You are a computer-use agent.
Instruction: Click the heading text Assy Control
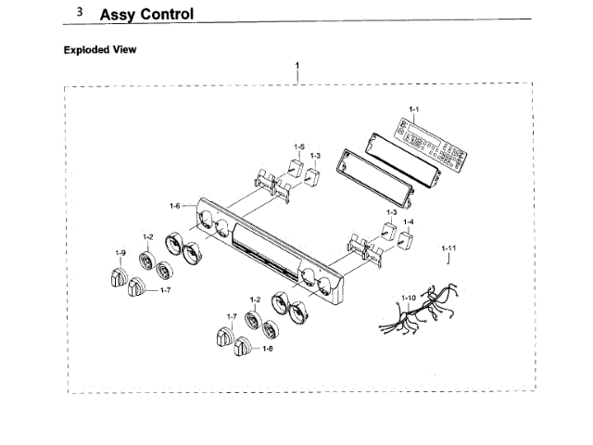(146, 14)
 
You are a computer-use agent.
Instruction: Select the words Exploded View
(100, 49)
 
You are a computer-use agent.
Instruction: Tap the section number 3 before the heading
(81, 13)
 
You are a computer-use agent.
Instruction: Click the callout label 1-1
(414, 110)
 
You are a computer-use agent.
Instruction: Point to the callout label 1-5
(299, 146)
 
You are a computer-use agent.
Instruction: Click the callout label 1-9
(120, 253)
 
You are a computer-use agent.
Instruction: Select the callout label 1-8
(267, 349)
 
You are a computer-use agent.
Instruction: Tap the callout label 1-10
(409, 297)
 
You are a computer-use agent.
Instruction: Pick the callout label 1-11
(448, 248)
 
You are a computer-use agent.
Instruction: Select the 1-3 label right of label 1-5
(316, 156)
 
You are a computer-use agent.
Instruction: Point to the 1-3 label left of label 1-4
(392, 213)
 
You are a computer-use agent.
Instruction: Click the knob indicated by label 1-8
(244, 349)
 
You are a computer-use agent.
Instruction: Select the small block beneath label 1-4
(405, 239)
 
